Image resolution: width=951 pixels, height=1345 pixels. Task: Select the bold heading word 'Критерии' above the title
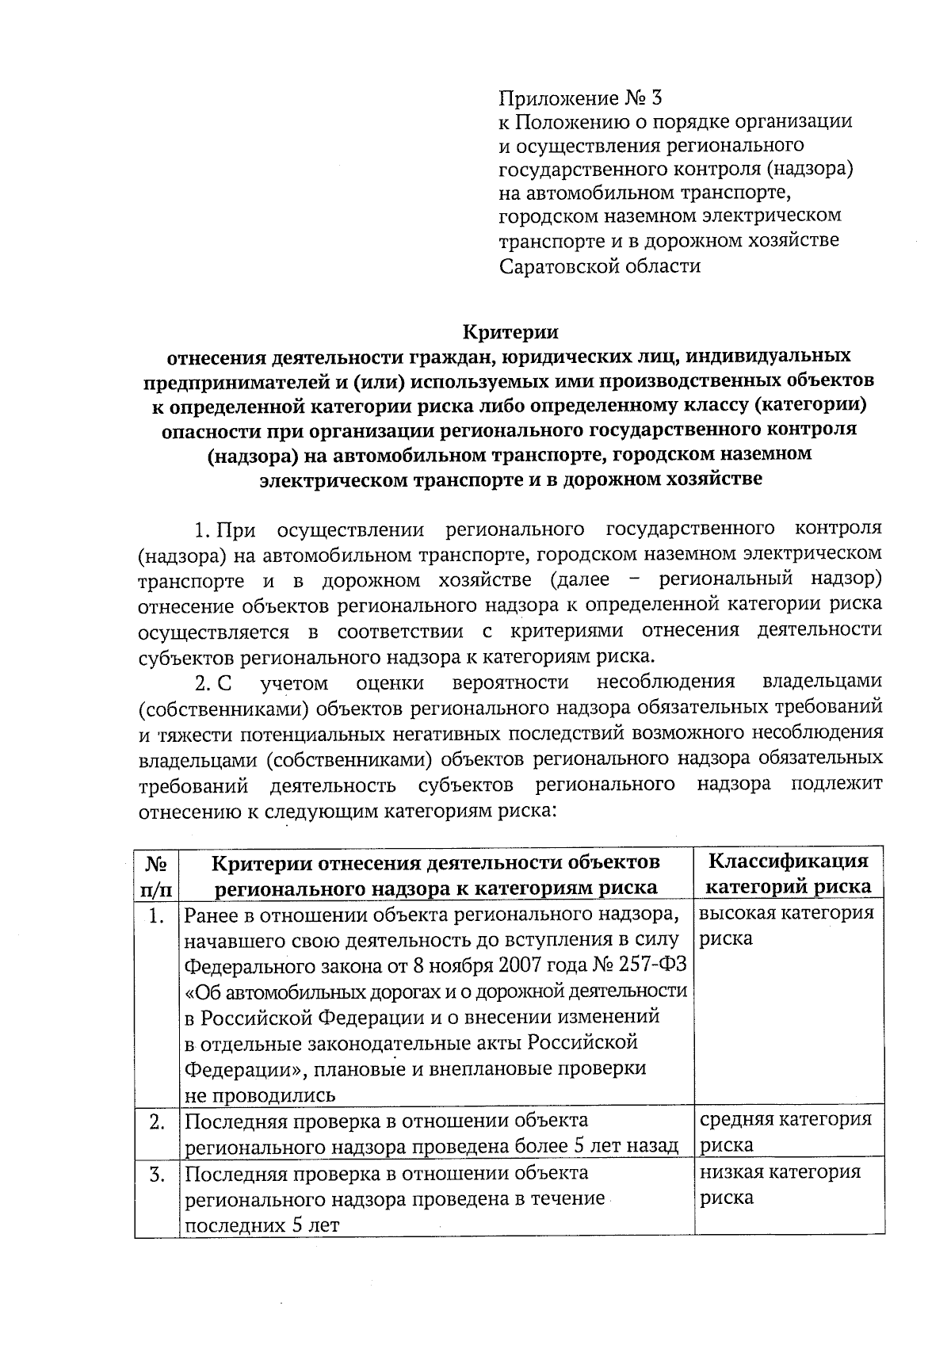510,331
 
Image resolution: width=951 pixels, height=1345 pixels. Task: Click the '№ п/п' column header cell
157,874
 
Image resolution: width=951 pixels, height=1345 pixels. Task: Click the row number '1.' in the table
157,916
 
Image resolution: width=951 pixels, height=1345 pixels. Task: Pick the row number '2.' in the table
157,1121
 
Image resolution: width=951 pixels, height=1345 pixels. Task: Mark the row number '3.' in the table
157,1174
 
